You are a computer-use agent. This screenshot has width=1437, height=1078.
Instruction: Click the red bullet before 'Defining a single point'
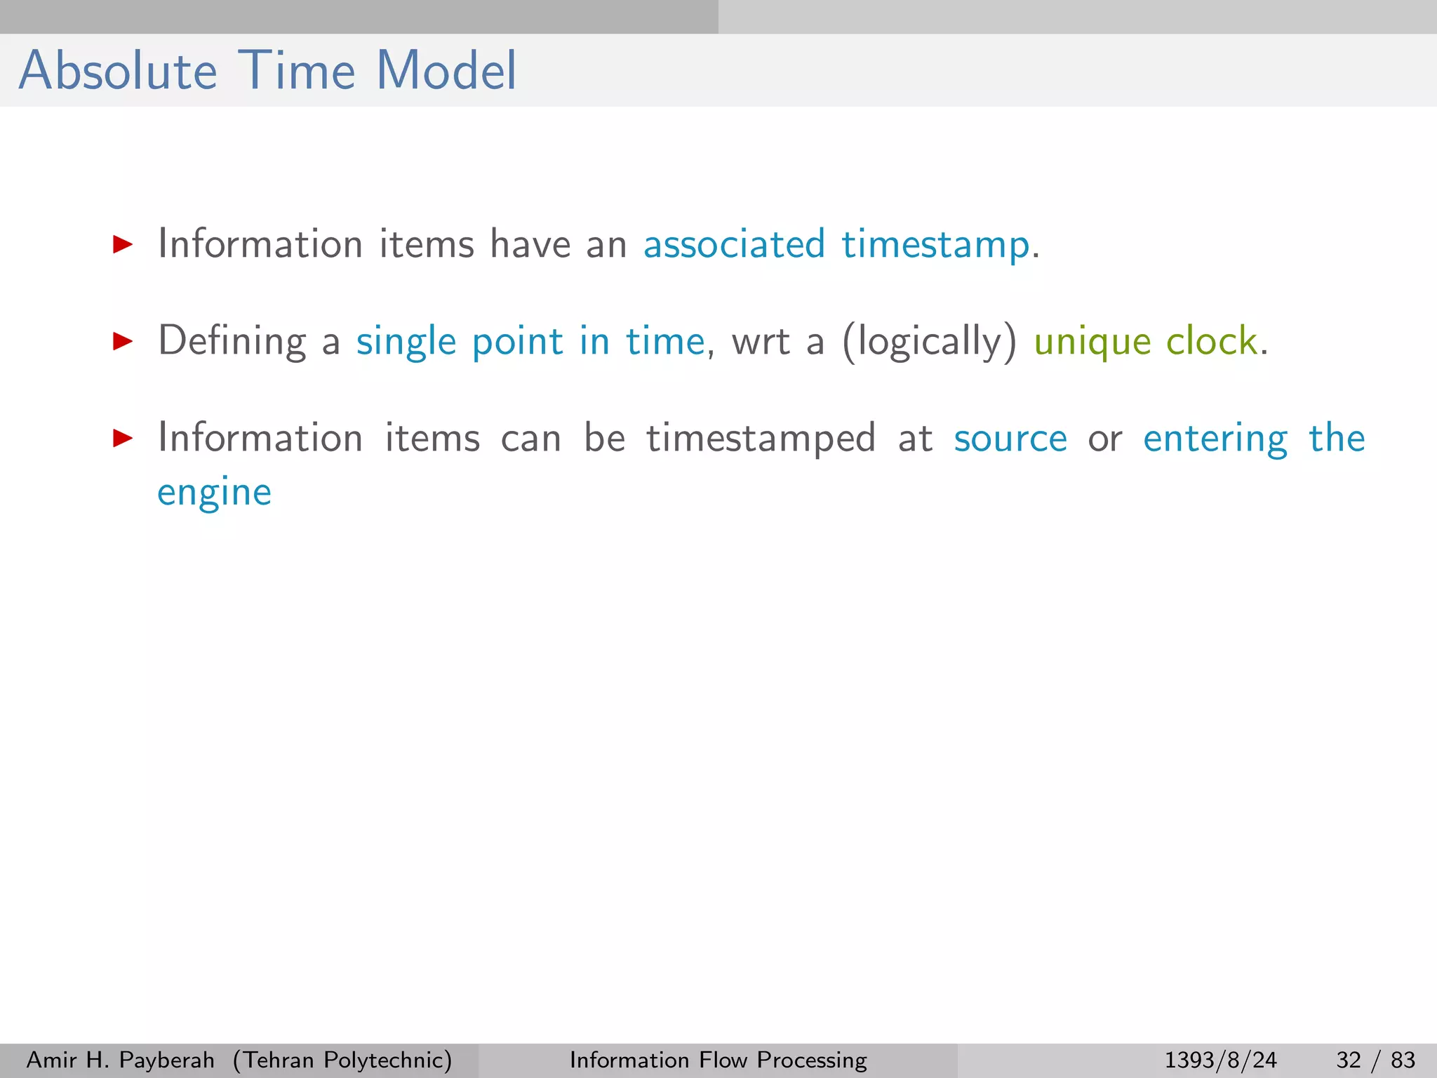[123, 342]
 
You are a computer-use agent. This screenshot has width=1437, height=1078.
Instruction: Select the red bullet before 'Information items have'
[123, 244]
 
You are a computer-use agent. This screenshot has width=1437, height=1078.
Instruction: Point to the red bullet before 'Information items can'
[123, 439]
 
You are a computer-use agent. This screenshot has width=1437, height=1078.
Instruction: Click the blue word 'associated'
[734, 244]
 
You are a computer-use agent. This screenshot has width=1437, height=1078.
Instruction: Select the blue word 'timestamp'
[935, 246]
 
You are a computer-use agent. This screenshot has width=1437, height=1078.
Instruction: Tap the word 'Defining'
[232, 342]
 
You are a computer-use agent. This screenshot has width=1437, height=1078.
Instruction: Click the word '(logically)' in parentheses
[929, 342]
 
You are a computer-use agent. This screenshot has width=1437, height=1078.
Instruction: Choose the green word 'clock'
[1211, 341]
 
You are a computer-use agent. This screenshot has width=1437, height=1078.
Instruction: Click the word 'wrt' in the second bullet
[761, 342]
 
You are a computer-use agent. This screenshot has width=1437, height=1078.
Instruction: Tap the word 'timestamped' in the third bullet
[761, 439]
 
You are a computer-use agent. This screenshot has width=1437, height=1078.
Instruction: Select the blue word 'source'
[1010, 439]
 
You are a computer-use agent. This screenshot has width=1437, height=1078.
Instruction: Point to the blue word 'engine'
[214, 493]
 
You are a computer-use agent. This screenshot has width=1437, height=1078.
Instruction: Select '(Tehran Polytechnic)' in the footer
[342, 1060]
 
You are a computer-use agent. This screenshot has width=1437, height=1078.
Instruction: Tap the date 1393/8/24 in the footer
[1220, 1060]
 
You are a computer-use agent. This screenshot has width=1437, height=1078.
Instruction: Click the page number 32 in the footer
[1349, 1060]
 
